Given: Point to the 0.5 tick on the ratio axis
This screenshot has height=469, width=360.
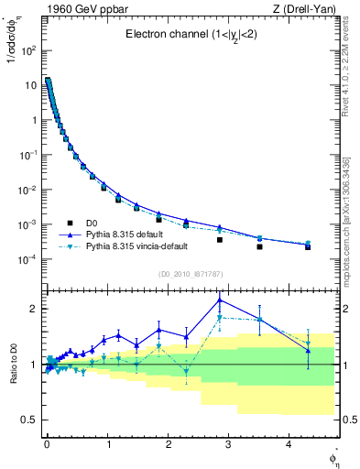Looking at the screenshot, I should [29, 420].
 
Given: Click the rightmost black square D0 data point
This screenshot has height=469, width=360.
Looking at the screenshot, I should [308, 247].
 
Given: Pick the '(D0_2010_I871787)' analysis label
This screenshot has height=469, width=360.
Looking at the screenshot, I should [190, 274].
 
